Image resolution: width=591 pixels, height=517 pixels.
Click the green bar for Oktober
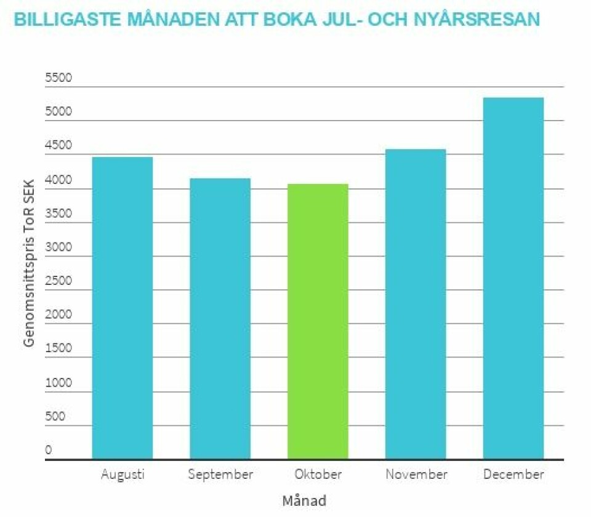click(x=318, y=321)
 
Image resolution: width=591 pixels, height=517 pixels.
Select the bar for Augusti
click(x=123, y=308)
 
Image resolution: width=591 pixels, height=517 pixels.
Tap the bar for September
click(x=220, y=318)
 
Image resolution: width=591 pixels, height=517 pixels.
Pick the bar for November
click(x=416, y=304)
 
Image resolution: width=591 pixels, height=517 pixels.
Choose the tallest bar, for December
click(x=513, y=278)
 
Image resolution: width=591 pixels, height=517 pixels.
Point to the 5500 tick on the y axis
click(x=58, y=78)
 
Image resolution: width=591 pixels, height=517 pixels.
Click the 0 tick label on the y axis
click(x=49, y=450)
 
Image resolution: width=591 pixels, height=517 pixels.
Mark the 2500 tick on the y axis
click(x=58, y=281)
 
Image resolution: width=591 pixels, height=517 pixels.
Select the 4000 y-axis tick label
click(x=58, y=180)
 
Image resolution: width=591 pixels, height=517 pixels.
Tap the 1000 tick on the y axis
click(x=58, y=383)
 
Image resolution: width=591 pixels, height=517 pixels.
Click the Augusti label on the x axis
click(x=123, y=475)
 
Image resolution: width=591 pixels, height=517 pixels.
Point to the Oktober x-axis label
click(x=318, y=475)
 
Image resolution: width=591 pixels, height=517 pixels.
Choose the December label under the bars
click(x=513, y=475)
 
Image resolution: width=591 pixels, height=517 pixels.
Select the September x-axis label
click(x=220, y=475)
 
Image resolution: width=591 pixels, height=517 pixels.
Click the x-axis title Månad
click(x=304, y=500)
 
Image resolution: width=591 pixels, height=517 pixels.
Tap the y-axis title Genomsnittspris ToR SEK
click(x=29, y=261)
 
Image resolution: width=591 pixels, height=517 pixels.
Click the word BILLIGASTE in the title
click(x=66, y=20)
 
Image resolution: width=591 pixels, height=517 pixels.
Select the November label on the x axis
click(x=416, y=475)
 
